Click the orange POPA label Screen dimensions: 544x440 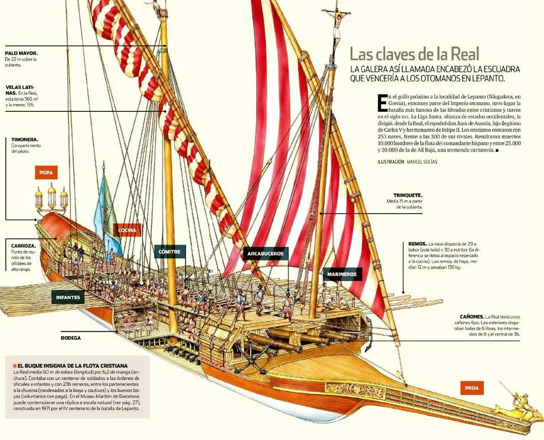click(x=46, y=173)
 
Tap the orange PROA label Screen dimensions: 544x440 click(x=472, y=388)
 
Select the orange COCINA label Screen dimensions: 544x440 click(x=127, y=230)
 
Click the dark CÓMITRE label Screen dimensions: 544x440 click(x=170, y=251)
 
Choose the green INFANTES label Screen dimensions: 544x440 click(x=68, y=298)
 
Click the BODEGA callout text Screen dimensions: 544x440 click(x=71, y=338)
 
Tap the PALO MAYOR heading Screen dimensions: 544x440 click(x=21, y=53)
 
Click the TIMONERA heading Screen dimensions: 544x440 click(x=25, y=140)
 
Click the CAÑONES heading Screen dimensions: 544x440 click(x=472, y=316)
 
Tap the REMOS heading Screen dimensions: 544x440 click(x=418, y=244)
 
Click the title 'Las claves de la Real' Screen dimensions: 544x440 click(x=414, y=54)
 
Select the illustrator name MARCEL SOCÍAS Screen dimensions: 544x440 click(x=422, y=162)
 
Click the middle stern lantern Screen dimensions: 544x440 click(x=52, y=196)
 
